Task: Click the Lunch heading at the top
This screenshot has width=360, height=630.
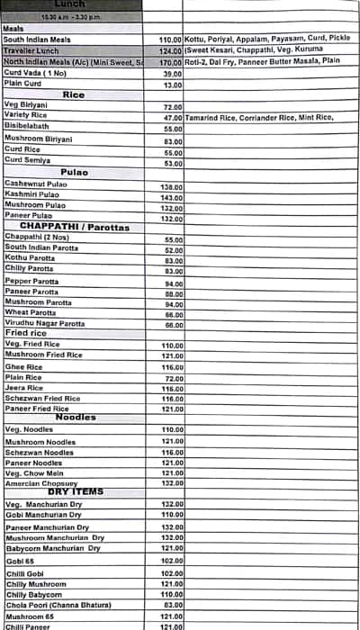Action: pyautogui.click(x=70, y=4)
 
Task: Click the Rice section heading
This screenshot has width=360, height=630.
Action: pyautogui.click(x=74, y=94)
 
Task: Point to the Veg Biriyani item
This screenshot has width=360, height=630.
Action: pyautogui.click(x=25, y=105)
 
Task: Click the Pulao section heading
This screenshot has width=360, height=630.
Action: pyautogui.click(x=74, y=171)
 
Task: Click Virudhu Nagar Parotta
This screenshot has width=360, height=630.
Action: pyautogui.click(x=45, y=323)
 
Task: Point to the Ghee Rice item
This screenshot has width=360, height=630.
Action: pyautogui.click(x=23, y=367)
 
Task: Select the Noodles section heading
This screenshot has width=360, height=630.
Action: pyautogui.click(x=76, y=418)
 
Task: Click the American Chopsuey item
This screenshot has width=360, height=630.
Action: pyautogui.click(x=41, y=482)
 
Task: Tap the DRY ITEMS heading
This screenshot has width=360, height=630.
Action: pyautogui.click(x=76, y=492)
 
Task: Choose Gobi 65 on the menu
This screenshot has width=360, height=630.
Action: pyautogui.click(x=21, y=560)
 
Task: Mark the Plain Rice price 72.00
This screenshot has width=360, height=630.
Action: pyautogui.click(x=173, y=379)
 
